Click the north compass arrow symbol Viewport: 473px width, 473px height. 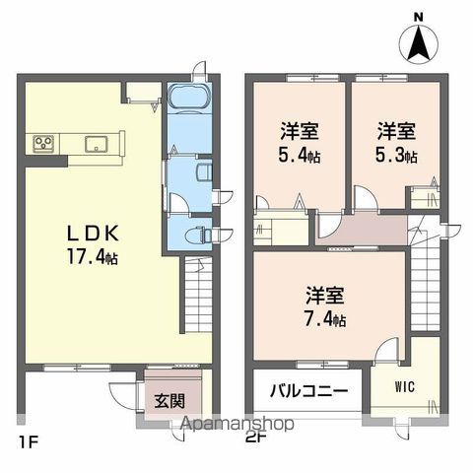[418, 41]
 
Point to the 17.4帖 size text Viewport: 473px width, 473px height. [95, 256]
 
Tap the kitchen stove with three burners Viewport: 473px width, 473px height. [45, 145]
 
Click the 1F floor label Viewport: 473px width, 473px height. [27, 439]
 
